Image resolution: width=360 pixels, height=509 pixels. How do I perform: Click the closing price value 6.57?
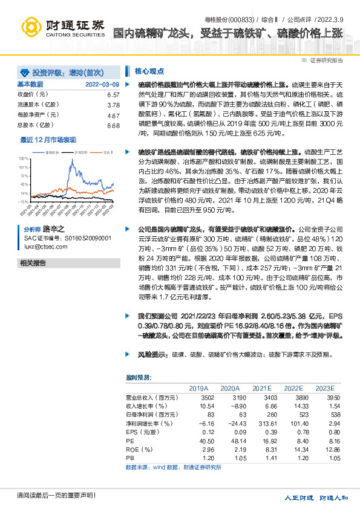point(113,95)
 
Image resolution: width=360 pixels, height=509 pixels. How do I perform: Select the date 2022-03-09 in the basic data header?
point(102,84)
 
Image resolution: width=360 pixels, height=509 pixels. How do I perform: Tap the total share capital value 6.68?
point(113,125)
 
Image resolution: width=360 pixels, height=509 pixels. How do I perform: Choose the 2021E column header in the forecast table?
point(262,388)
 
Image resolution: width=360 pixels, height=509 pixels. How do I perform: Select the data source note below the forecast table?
point(173,467)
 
